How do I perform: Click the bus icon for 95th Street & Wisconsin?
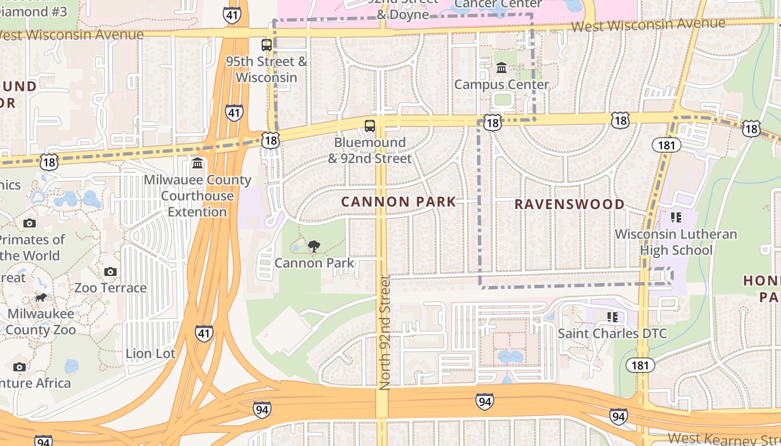pos(267,45)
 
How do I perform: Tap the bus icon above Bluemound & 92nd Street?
pos(370,126)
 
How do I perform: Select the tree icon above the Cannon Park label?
pos(314,246)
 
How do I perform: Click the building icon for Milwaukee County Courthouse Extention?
pos(197,163)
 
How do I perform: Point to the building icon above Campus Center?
pos(502,68)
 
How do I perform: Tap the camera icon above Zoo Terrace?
pos(110,272)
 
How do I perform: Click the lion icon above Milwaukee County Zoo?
pos(41,297)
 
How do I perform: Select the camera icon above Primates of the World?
pos(30,223)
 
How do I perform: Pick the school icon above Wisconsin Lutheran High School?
pos(676,217)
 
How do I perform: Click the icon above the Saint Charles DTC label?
pos(613,317)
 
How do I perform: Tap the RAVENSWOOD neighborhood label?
pos(569,204)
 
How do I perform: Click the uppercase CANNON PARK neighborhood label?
pos(398,202)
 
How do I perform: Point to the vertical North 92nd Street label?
pos(385,332)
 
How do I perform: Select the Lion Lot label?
pos(151,353)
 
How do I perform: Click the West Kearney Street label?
pos(724,439)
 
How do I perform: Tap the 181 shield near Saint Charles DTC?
pos(640,365)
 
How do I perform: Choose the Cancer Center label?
pos(498,4)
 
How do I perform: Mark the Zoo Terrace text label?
pos(110,288)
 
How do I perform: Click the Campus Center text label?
pos(502,85)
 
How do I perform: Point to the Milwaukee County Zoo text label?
pos(41,322)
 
